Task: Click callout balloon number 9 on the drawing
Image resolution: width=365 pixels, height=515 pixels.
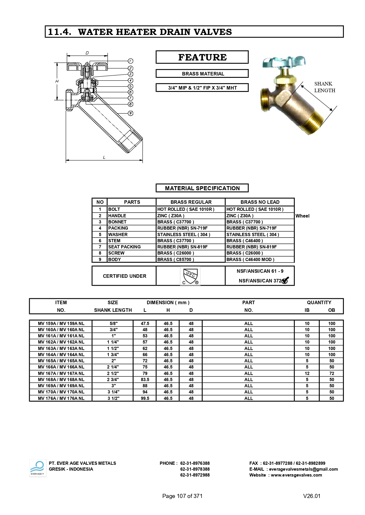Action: tap(131, 113)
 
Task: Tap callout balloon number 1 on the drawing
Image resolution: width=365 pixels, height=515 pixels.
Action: tap(131, 61)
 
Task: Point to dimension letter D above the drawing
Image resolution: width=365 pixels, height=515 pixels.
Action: tap(87, 53)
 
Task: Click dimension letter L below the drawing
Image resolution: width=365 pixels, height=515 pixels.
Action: tap(104, 157)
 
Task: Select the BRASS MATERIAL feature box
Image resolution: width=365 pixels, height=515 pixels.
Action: tap(202, 74)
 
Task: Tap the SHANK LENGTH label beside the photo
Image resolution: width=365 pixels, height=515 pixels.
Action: tap(324, 87)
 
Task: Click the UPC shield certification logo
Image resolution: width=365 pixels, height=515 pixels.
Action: tap(190, 276)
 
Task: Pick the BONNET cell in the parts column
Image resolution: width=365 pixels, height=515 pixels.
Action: tap(117, 222)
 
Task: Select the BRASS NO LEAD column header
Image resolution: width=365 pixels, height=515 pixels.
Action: tap(260, 202)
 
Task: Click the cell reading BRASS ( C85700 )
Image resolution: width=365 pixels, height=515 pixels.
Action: tap(176, 260)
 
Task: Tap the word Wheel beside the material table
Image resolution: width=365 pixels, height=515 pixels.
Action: tap(302, 216)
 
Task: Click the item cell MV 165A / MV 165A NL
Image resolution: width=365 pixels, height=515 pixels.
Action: tap(61, 361)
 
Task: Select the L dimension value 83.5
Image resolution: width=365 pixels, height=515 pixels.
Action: tap(145, 380)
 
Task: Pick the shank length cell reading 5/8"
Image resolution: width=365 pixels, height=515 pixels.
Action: tap(113, 324)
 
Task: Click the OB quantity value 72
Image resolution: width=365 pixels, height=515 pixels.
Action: tap(331, 373)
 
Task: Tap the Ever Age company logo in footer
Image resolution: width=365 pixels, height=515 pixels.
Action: tap(38, 468)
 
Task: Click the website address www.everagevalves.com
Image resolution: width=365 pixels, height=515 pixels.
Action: tap(296, 475)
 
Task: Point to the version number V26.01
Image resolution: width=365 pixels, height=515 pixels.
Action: tap(311, 496)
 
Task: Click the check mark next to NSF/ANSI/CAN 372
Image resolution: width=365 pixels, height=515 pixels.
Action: tap(285, 280)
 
